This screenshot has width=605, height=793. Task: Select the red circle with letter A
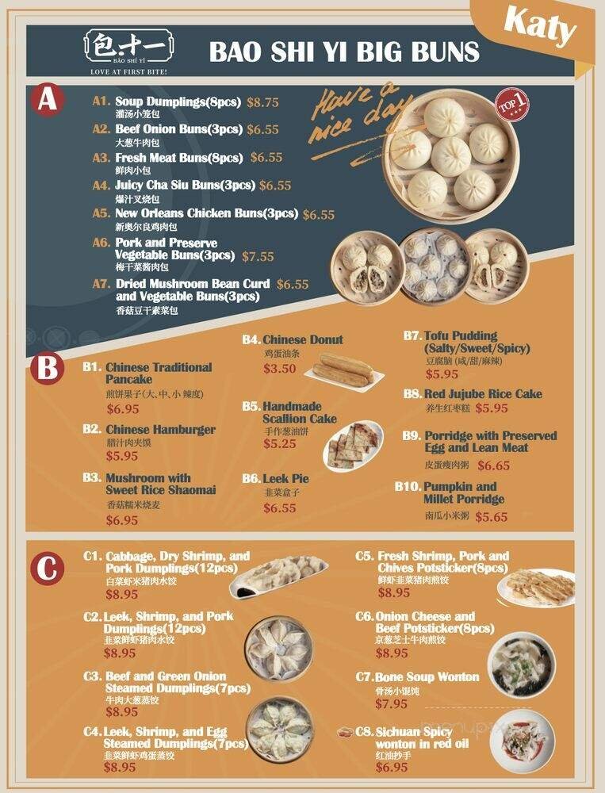[x=48, y=102]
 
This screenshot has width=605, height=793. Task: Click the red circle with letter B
[x=48, y=369]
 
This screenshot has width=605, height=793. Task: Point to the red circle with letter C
[x=48, y=568]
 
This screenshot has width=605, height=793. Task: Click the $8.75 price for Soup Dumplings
[x=263, y=102]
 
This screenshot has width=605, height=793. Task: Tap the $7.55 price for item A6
[x=258, y=256]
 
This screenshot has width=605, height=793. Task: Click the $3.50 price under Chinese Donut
[x=279, y=369]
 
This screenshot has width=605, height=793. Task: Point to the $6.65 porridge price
[x=494, y=465]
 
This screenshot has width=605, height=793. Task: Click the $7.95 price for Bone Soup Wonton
[x=392, y=703]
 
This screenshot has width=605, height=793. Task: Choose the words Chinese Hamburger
[x=160, y=430]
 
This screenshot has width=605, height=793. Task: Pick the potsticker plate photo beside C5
[x=537, y=587]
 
